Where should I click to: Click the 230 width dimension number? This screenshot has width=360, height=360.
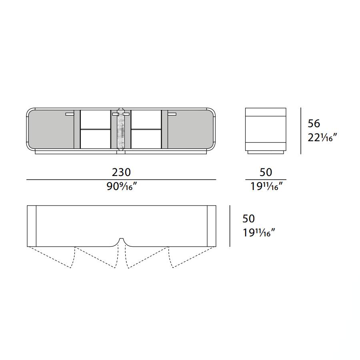tap(121, 172)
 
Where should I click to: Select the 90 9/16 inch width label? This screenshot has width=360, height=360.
tap(122, 186)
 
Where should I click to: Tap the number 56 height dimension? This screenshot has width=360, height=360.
tap(314, 124)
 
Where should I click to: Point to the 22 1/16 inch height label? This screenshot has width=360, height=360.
tap(322, 138)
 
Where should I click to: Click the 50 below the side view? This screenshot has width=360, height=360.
tap(266, 172)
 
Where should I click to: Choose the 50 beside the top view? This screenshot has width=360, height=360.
tap(249, 218)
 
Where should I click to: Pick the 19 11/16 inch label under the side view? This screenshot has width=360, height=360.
tap(266, 186)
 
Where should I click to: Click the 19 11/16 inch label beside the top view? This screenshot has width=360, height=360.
tap(259, 233)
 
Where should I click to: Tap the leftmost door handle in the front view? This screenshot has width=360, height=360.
tap(70, 114)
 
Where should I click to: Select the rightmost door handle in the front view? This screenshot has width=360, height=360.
tap(172, 114)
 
